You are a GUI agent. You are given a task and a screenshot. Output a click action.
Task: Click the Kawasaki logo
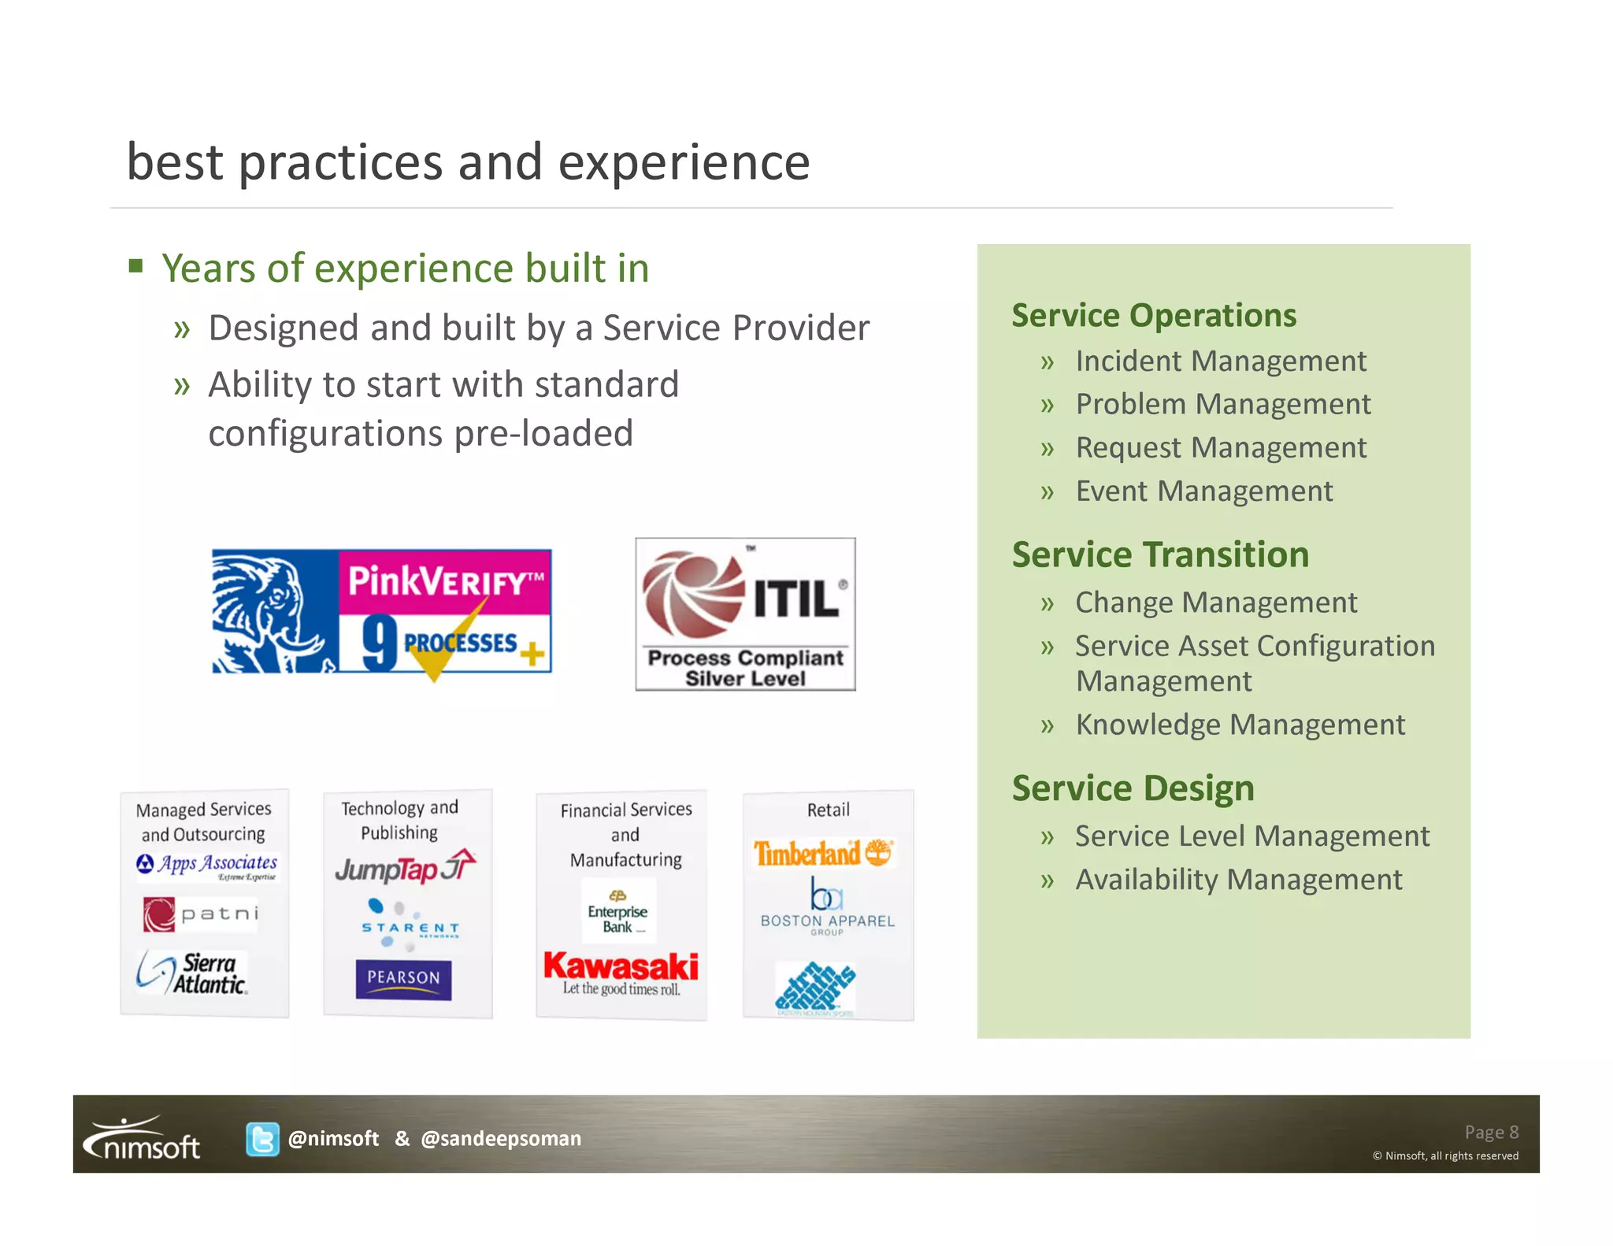(x=621, y=967)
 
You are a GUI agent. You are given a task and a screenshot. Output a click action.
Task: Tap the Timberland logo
(x=823, y=853)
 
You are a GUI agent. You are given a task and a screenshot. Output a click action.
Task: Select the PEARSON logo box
(x=403, y=979)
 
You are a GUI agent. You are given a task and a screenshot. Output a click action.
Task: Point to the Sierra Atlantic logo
(x=192, y=973)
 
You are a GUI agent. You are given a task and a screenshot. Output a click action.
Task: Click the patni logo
(x=201, y=914)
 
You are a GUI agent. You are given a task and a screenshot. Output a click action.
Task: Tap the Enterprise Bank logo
(x=617, y=912)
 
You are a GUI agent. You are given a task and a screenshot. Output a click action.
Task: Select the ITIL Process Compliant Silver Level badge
(x=745, y=614)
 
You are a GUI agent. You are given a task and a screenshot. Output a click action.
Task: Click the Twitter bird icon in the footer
(x=261, y=1139)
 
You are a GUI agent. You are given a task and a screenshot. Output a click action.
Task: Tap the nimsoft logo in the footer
(x=142, y=1139)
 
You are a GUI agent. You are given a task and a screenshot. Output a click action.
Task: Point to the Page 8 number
(x=1491, y=1132)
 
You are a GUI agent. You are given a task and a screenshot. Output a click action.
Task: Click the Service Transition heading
(x=1160, y=554)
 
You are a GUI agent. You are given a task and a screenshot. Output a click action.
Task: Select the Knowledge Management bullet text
(x=1240, y=725)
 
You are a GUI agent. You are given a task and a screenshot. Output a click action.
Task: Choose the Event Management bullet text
(x=1203, y=491)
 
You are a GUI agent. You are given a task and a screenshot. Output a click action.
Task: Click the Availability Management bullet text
(x=1238, y=880)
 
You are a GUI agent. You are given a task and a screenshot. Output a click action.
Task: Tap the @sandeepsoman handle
(x=501, y=1139)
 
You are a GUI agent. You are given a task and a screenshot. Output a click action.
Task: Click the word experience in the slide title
(x=684, y=162)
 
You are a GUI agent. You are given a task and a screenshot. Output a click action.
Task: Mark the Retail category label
(x=828, y=810)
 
